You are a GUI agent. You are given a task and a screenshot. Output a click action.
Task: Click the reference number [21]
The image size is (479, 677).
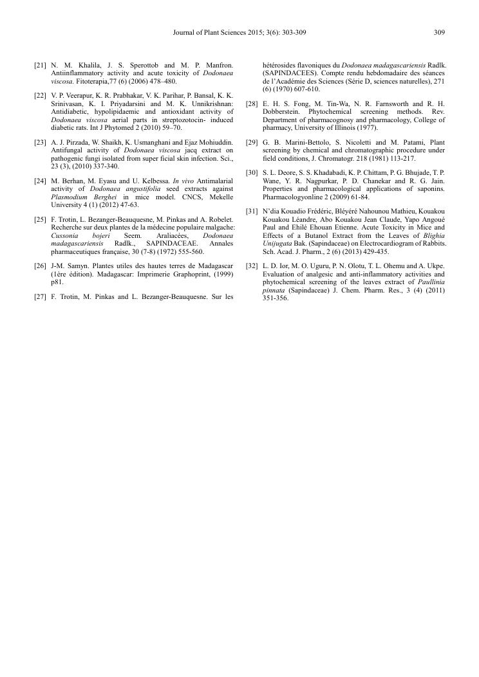pos(40,66)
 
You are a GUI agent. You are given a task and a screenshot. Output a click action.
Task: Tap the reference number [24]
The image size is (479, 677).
pos(40,182)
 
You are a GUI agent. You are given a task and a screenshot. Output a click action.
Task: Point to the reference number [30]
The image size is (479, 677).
pos(252,174)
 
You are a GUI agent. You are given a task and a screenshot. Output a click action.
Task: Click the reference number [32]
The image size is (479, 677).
pos(252,266)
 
